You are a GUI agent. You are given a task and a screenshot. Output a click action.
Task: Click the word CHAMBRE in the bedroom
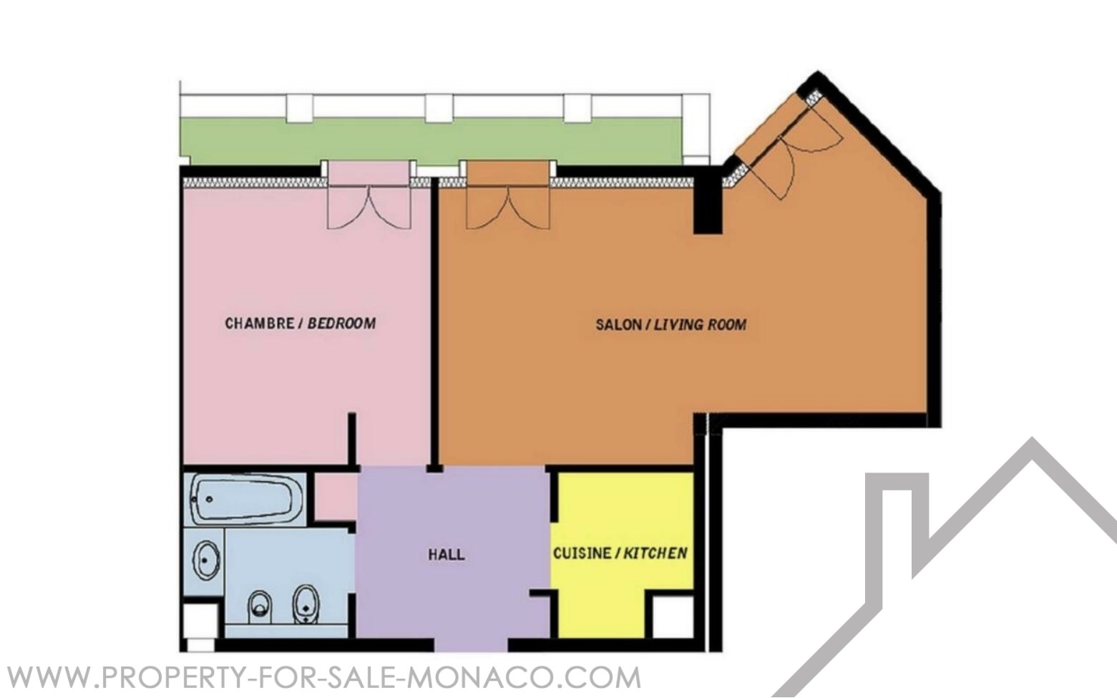(x=259, y=324)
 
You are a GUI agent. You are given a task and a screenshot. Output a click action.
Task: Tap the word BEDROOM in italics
(x=341, y=324)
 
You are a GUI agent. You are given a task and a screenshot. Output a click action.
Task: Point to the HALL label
(x=447, y=554)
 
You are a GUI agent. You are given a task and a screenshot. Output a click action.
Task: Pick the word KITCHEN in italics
(x=655, y=553)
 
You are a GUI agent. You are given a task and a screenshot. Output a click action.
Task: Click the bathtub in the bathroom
(x=243, y=499)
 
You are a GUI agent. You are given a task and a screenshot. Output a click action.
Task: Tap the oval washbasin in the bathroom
(x=206, y=561)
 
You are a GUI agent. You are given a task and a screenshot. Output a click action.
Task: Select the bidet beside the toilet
(x=305, y=604)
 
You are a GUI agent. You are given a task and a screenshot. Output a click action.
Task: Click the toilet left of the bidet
(x=260, y=606)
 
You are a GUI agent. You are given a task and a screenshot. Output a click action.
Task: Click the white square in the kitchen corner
(x=673, y=616)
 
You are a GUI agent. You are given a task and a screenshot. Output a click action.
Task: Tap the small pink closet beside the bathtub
(x=335, y=497)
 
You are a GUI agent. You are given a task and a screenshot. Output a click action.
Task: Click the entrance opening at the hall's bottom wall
(x=472, y=645)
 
